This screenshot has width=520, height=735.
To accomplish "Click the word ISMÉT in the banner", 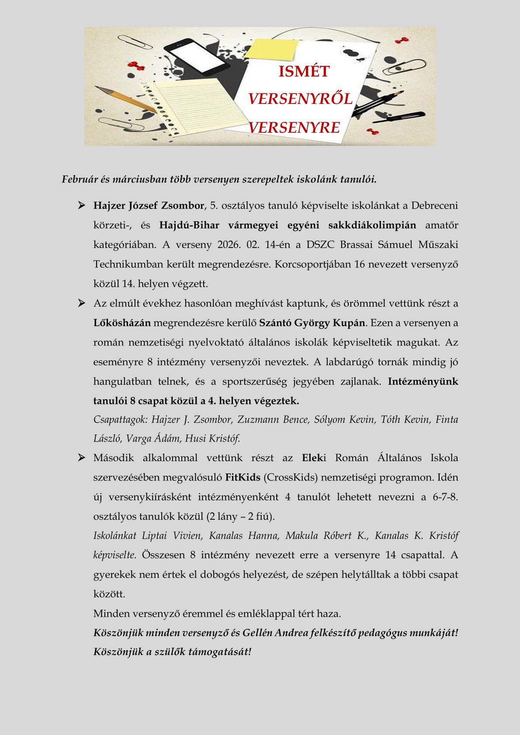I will point(304,71).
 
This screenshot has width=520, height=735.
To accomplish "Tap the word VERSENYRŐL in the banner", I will point(300,99).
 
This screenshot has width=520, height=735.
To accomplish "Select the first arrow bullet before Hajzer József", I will point(81,205).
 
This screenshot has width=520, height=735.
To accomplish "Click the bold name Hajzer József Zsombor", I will point(149,205).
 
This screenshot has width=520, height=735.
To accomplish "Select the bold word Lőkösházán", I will point(122,323).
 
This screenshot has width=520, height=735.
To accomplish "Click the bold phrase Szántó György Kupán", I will point(312,323).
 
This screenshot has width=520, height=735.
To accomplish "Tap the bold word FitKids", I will point(243,477).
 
